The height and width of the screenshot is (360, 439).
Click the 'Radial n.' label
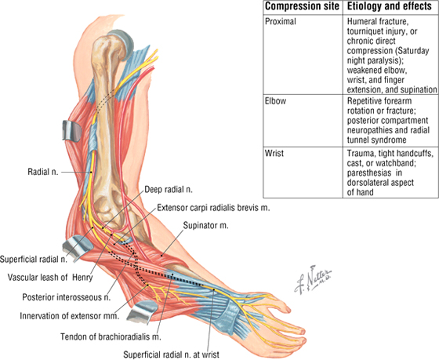[x=43, y=172]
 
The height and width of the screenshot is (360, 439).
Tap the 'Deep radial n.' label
[x=169, y=190]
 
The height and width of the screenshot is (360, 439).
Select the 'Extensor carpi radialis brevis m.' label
[x=213, y=208]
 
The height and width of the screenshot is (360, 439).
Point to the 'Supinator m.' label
[x=205, y=225]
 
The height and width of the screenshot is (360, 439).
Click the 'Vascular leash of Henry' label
[x=50, y=278]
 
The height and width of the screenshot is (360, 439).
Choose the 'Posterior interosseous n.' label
[x=67, y=297]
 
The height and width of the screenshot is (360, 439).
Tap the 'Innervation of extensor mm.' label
[x=70, y=316]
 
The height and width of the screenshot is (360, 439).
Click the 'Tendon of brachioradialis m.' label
[x=111, y=336]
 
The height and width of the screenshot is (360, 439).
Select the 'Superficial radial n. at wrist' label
[x=172, y=355]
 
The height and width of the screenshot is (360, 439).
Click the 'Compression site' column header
[x=302, y=6]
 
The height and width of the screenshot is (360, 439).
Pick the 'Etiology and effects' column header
[x=390, y=6]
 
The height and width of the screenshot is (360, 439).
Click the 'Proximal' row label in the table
[x=281, y=22]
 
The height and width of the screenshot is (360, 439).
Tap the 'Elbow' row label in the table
[x=275, y=101]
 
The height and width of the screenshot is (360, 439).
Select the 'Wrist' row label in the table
[x=274, y=153]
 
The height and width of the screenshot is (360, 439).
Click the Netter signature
[x=313, y=279]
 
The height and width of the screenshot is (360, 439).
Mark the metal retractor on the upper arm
[x=71, y=130]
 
